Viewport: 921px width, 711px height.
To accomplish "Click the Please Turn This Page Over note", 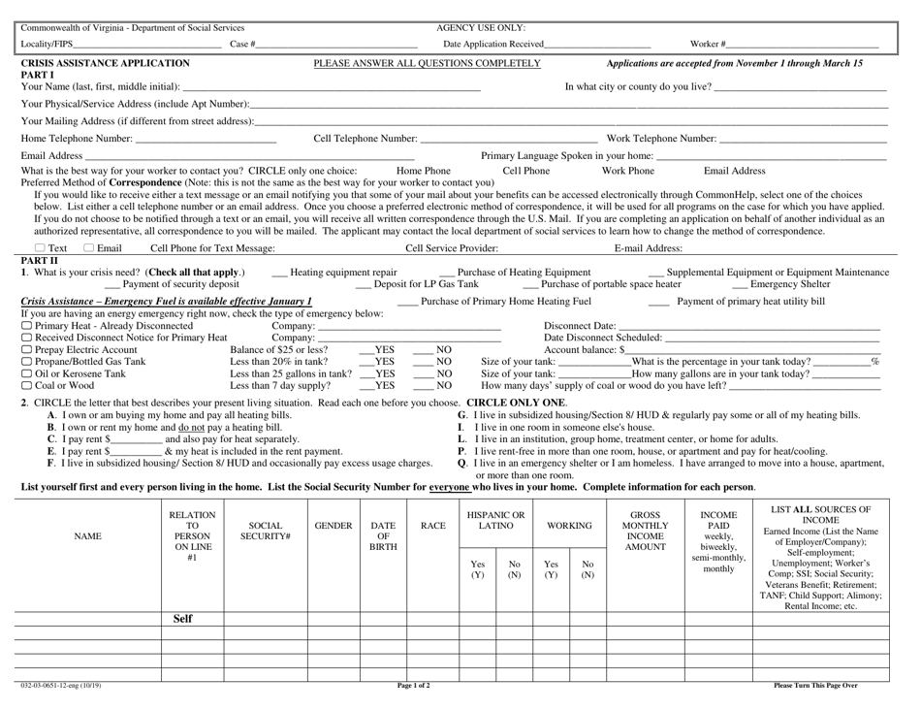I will point(815,685).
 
